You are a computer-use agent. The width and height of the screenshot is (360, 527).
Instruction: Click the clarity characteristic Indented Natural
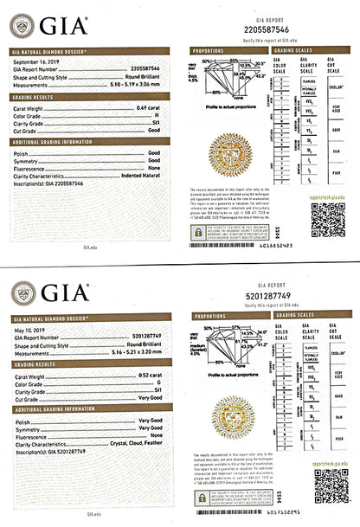(x=138, y=175)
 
